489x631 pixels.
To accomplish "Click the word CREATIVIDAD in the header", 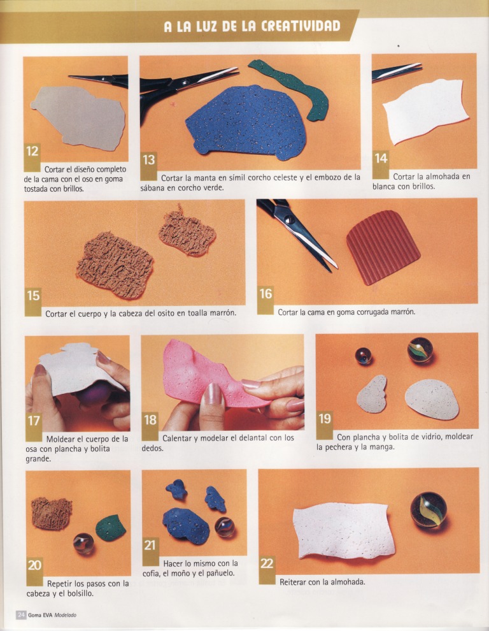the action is pos(301,26).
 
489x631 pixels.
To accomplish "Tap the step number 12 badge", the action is pos(32,152).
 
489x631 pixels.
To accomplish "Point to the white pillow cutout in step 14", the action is pos(426,111).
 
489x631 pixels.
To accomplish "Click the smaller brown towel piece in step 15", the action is pos(187,232).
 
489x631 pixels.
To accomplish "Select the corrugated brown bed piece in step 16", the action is pos(383,247).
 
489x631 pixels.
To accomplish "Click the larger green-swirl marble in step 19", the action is pos(420,350).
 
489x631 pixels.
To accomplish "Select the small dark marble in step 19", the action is pos(363,356).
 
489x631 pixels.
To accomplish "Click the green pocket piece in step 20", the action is pos(111,528).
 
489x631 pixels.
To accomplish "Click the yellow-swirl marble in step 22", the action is pos(429,509).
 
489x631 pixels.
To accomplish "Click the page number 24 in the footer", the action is pos(21,615).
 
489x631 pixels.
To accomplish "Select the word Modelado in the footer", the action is pos(65,615).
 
